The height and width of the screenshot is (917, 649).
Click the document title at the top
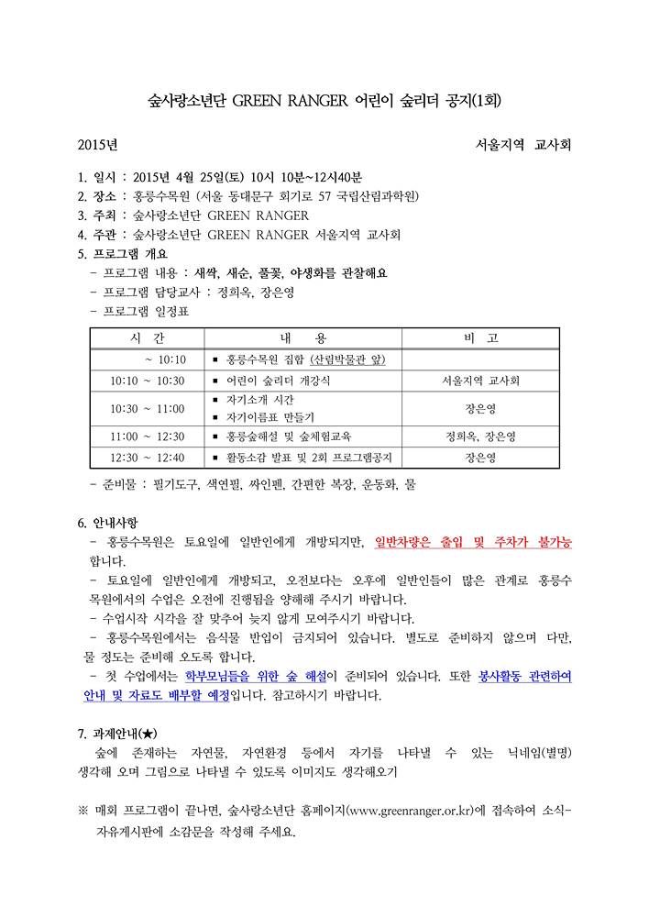tap(324, 100)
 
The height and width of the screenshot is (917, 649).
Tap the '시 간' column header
tap(147, 338)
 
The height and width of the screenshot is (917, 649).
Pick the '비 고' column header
tap(481, 338)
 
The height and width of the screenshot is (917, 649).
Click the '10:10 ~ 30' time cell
tap(147, 381)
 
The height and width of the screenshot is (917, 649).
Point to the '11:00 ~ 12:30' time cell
tap(147, 436)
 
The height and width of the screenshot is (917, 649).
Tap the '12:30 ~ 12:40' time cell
tap(147, 458)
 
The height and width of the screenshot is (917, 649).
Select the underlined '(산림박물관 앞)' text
tap(347, 359)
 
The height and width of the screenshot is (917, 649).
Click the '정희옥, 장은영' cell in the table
tap(481, 436)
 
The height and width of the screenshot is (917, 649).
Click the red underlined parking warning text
tap(473, 543)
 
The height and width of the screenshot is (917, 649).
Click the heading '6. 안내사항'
tap(113, 524)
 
